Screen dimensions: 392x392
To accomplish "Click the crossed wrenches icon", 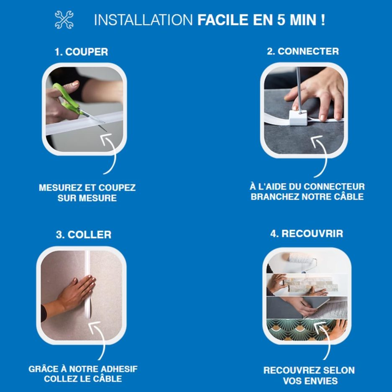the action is (64, 20).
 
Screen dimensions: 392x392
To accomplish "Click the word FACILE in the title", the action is (223, 20).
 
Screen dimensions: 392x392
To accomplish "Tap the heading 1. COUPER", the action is (81, 52).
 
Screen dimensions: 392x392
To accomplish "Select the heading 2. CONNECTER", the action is (303, 51).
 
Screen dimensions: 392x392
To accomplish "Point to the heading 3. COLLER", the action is (84, 235).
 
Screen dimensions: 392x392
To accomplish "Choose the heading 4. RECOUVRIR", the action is (307, 233).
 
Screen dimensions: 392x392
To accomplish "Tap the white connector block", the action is (298, 118).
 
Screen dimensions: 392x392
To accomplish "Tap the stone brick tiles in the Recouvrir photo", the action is (311, 284).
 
